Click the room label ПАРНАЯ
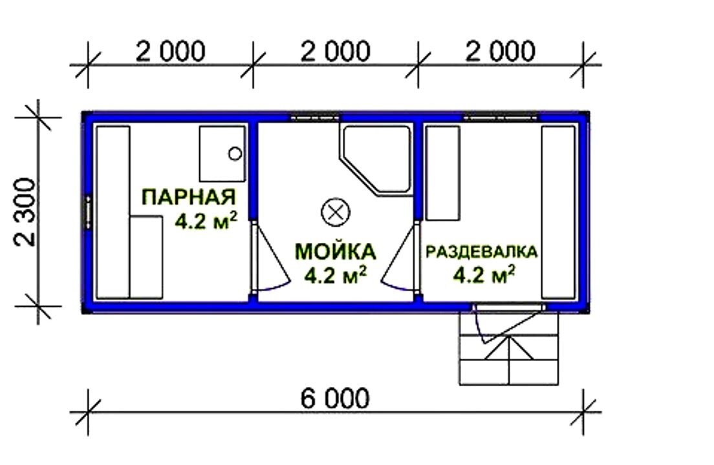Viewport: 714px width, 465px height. pos(189,197)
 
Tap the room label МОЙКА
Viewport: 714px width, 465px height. pos(336,252)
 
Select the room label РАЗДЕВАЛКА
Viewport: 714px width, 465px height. pos(481,252)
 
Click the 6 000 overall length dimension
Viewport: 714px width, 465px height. pos(335,398)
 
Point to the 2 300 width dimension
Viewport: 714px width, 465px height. pos(25,212)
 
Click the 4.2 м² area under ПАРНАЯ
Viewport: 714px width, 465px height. pos(206,222)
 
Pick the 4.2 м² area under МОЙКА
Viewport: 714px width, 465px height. pos(336,275)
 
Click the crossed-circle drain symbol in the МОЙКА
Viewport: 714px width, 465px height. pos(336,212)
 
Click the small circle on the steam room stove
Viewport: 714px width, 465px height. pos(235,154)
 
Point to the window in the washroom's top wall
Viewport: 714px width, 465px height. pos(315,117)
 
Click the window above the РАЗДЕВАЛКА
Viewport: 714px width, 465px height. pos(501,117)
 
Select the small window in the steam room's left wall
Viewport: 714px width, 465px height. pos(87,212)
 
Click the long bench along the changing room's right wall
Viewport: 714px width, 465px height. pos(558,212)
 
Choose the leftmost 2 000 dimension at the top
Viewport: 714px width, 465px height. pos(170,52)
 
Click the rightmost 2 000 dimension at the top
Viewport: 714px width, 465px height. pos(501,52)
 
